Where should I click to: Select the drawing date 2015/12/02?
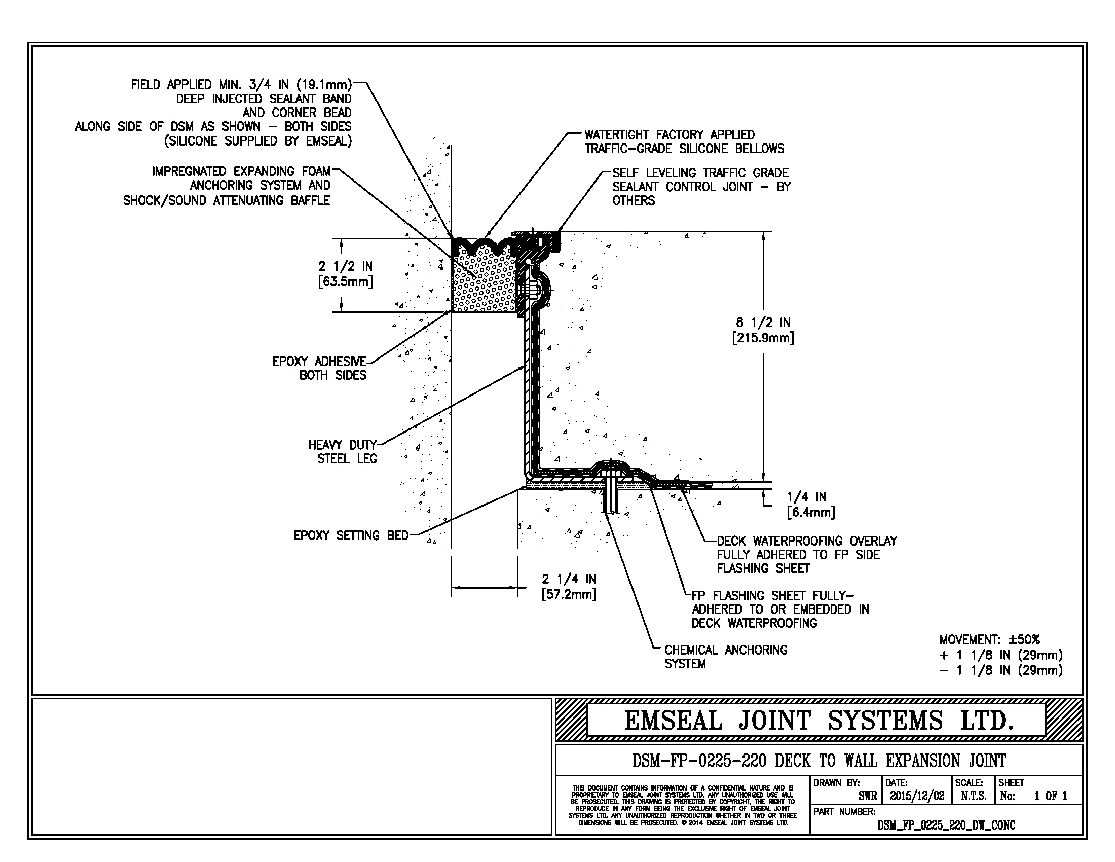click(x=917, y=796)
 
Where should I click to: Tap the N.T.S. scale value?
click(x=974, y=796)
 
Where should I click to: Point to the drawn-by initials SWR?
click(x=867, y=796)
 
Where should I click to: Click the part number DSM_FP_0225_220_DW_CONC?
click(x=946, y=825)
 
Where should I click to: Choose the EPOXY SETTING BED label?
click(x=351, y=535)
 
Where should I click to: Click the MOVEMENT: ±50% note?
click(x=989, y=639)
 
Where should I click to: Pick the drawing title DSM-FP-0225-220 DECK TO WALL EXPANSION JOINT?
click(x=819, y=761)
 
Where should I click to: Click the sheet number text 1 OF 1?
click(x=1051, y=796)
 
